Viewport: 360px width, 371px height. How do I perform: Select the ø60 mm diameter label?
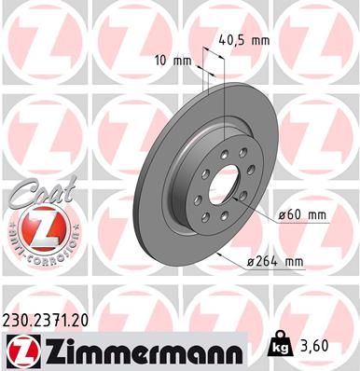304,215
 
